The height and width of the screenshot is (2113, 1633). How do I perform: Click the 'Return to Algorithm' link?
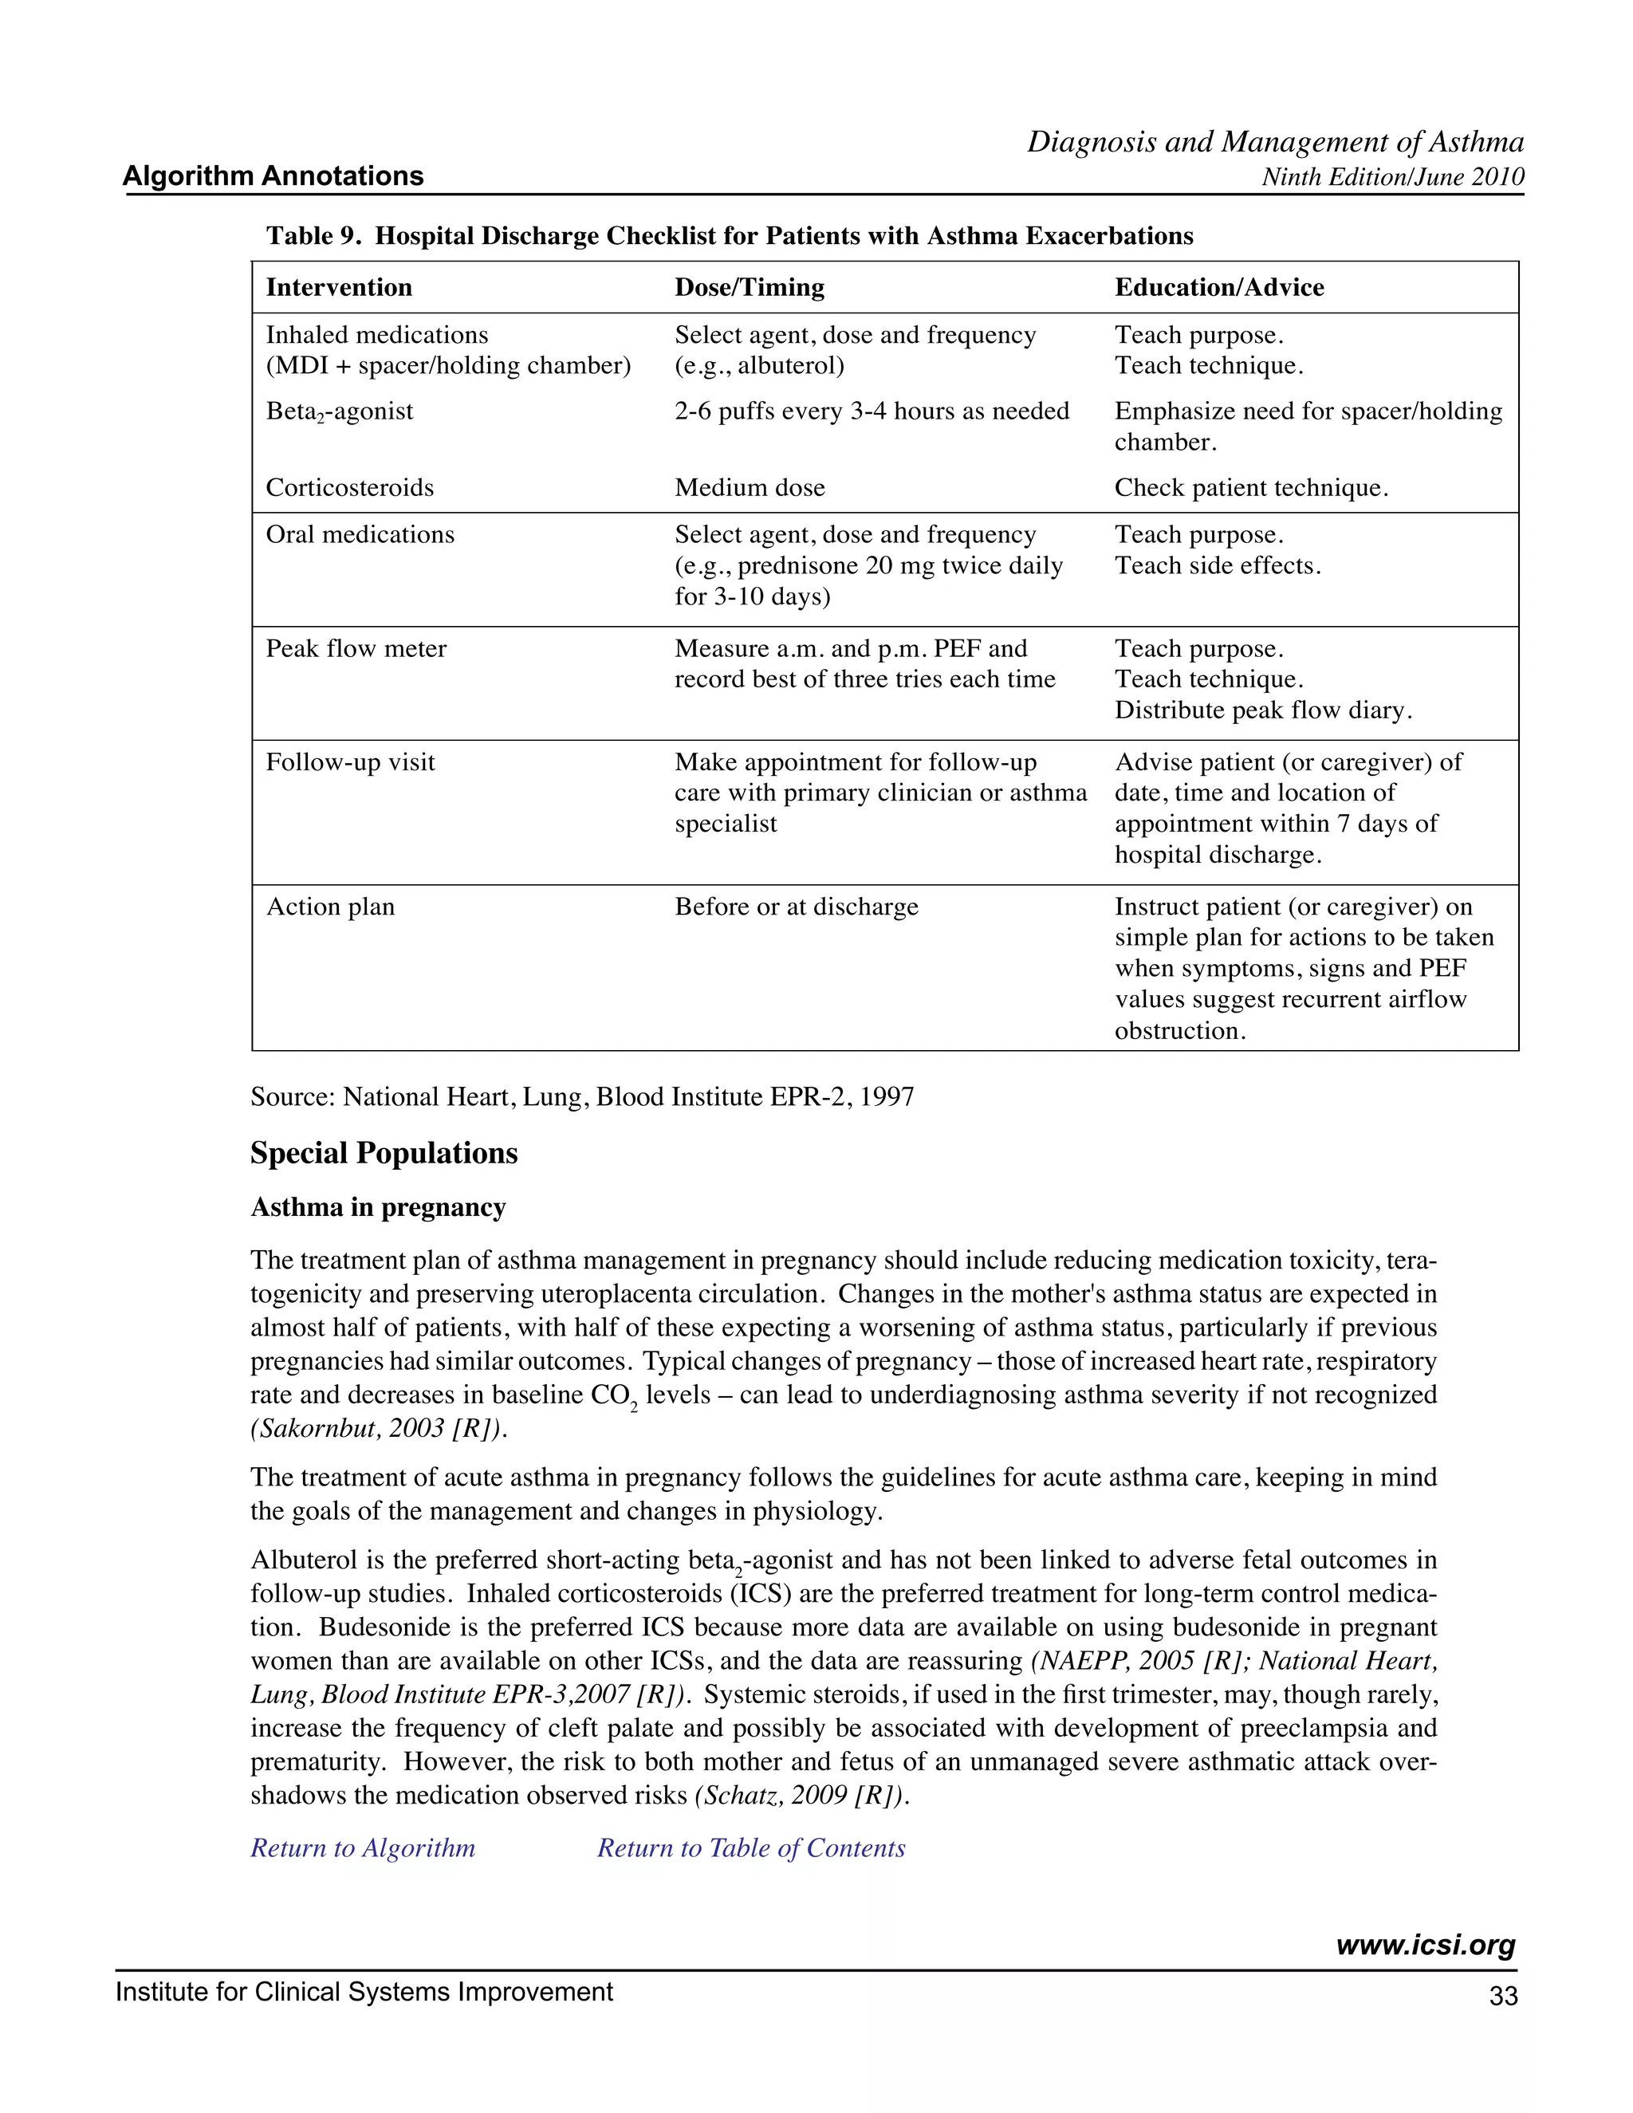(x=363, y=1848)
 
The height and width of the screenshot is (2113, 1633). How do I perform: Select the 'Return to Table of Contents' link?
(x=750, y=1848)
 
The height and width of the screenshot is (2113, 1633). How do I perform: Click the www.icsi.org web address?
(x=1425, y=1946)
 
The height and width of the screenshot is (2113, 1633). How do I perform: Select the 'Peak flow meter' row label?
(x=356, y=648)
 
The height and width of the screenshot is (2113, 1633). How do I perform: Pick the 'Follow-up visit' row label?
(x=350, y=762)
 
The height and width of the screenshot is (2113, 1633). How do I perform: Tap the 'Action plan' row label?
(x=330, y=907)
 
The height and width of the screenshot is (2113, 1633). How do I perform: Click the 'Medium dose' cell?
(x=750, y=488)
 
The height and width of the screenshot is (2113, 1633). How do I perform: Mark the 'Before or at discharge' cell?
(x=797, y=907)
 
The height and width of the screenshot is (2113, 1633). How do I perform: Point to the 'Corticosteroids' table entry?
(x=349, y=488)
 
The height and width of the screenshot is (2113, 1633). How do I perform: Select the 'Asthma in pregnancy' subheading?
(x=378, y=1207)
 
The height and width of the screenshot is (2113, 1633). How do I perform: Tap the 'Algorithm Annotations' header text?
(x=273, y=176)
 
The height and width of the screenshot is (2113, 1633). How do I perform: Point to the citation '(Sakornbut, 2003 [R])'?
(x=378, y=1429)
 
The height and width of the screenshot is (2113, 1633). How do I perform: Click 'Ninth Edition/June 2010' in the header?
(x=1393, y=177)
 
